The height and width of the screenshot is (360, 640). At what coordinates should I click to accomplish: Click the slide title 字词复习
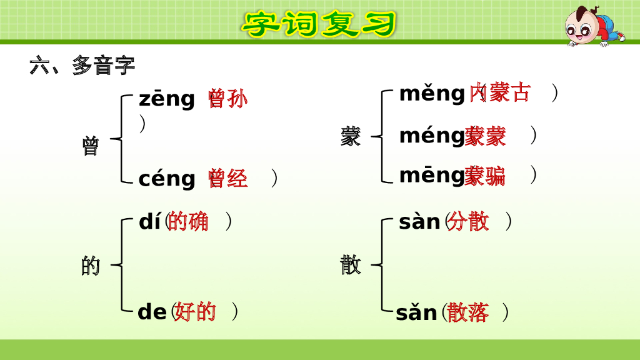319,24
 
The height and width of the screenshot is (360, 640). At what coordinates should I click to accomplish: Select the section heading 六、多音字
82,65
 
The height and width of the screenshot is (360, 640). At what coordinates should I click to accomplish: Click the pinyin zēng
166,99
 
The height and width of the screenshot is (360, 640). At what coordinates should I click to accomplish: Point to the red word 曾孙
227,99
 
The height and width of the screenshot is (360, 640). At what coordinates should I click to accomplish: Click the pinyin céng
166,179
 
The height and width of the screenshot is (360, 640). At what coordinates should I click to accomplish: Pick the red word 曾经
227,179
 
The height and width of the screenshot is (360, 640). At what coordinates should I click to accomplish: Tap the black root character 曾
90,146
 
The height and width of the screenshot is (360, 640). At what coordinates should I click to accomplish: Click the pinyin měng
432,94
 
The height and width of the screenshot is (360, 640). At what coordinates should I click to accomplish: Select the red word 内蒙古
500,92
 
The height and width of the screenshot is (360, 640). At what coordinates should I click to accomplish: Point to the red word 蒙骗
485,176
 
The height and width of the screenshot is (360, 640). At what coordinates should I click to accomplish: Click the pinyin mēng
432,176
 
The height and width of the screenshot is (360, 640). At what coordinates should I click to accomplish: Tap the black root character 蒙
351,136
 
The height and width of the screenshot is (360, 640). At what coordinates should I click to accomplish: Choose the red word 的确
188,221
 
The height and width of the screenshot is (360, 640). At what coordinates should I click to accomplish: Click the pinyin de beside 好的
152,311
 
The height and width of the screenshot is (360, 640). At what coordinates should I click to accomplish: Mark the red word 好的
195,311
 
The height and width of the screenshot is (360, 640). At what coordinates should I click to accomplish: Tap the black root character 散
351,264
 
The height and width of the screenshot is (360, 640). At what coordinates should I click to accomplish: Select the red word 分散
468,221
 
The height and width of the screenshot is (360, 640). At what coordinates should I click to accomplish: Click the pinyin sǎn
416,312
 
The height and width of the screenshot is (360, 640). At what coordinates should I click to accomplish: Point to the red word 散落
468,312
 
